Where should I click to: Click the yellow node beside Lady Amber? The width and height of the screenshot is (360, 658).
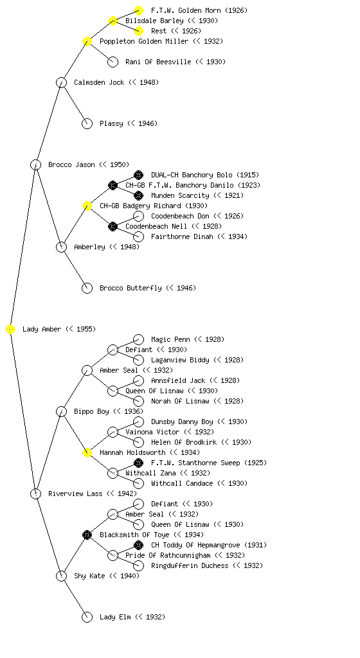(10, 330)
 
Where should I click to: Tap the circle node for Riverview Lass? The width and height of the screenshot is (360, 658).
(35, 494)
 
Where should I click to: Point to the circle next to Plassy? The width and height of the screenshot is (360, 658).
(87, 124)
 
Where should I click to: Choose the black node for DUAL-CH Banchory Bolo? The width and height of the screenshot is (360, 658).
(138, 175)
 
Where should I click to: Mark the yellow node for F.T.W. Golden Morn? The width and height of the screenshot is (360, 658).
(138, 10)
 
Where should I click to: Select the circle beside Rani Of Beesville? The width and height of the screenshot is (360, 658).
(113, 62)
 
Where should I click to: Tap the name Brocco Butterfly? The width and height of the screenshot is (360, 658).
(130, 289)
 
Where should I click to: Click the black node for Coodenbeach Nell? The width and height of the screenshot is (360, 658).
(113, 227)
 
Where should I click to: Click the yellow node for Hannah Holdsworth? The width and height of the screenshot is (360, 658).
(87, 453)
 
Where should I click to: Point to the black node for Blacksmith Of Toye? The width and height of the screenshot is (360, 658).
(87, 535)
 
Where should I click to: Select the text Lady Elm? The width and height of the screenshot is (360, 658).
(115, 618)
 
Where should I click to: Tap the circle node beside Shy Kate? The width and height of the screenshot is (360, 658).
(61, 576)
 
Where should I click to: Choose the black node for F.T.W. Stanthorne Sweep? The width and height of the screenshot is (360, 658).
(138, 463)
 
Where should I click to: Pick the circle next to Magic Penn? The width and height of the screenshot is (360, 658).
(138, 339)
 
